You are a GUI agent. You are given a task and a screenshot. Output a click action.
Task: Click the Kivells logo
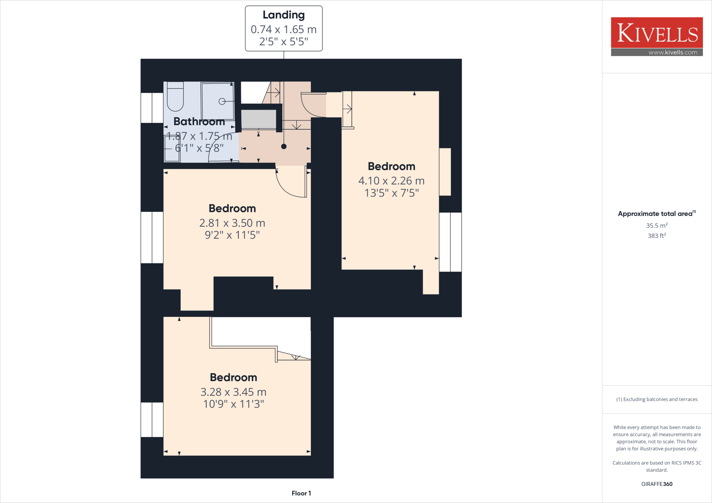(657, 33)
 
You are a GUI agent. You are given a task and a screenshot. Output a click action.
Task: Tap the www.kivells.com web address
(673, 52)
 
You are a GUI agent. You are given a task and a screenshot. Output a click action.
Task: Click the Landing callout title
(284, 15)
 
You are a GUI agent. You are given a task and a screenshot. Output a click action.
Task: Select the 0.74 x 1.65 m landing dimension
(284, 30)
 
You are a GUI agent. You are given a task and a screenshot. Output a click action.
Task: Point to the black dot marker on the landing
(284, 147)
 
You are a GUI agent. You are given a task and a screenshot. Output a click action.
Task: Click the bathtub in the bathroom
(175, 96)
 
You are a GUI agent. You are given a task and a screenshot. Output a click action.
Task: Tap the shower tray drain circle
(222, 101)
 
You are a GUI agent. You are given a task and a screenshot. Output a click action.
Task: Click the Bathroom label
(199, 122)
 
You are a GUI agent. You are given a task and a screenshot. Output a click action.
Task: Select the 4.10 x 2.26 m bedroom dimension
(391, 181)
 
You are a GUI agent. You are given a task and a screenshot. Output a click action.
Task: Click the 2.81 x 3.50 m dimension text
(232, 223)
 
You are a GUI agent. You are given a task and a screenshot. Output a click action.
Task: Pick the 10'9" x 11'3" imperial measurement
(234, 404)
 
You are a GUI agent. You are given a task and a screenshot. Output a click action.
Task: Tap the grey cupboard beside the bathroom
(259, 119)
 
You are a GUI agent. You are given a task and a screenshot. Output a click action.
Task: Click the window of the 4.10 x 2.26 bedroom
(450, 242)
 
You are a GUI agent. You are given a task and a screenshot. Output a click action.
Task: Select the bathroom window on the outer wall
(152, 108)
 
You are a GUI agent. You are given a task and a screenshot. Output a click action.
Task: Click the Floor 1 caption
(301, 493)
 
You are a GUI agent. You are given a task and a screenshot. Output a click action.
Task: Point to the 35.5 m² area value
(657, 225)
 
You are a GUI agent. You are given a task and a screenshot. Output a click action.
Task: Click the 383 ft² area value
(657, 236)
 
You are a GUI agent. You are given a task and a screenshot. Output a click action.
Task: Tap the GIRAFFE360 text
(657, 484)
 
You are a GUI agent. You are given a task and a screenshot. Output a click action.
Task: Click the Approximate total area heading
(656, 214)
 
